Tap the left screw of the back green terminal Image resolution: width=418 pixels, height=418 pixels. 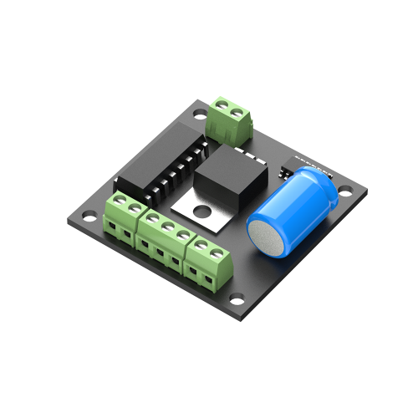pyautogui.click(x=223, y=105)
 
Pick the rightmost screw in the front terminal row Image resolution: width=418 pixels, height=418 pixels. pyautogui.click(x=218, y=250)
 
